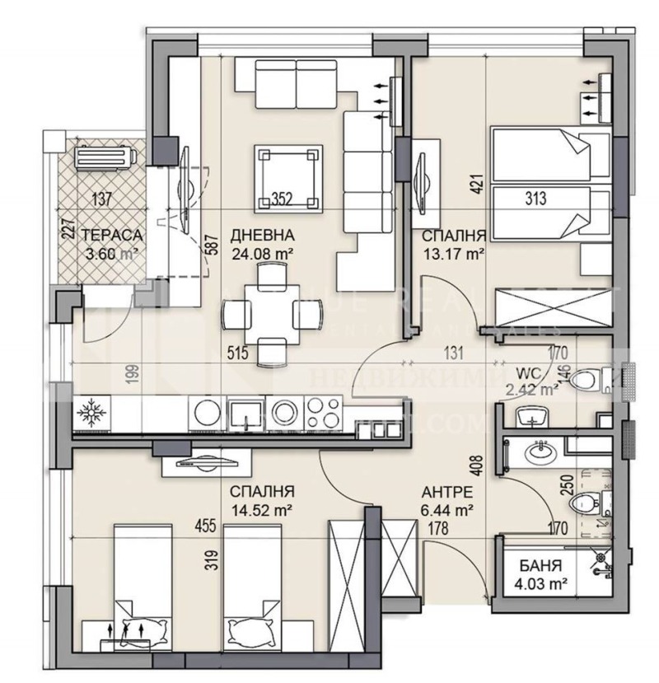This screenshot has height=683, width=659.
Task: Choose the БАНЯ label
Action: [x=540, y=567]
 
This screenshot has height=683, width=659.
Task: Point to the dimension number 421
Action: [x=476, y=183]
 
